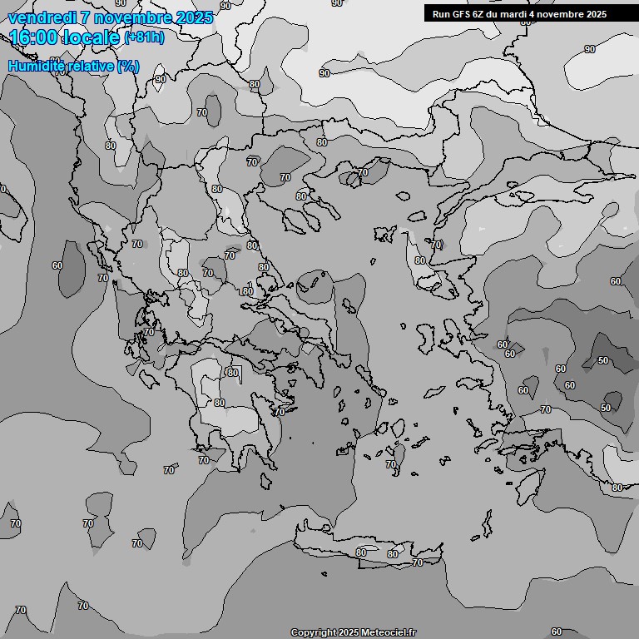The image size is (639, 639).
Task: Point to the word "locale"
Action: pos(94,37)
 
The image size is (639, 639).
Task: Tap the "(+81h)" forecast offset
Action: pos(144,37)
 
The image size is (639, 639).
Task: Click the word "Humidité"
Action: pos(36,66)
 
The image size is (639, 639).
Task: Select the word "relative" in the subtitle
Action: pos(90,66)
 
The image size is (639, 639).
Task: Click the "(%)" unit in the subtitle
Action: pos(128,66)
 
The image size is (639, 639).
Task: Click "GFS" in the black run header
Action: pos(458,14)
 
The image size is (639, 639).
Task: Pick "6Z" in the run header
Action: pos(478,14)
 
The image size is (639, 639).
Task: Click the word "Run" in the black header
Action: pos(440,14)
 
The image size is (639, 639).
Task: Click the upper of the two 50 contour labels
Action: pos(603,360)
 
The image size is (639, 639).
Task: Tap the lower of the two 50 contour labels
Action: pos(606,408)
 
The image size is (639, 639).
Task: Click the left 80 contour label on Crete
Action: pos(361,552)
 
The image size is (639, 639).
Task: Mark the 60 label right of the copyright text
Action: pos(557,632)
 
